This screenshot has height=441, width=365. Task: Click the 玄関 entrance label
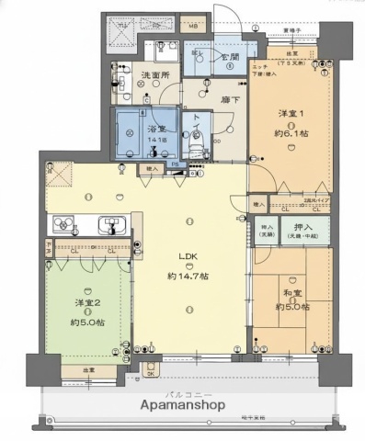coord(230,56)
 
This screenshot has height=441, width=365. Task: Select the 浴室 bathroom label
coord(155,130)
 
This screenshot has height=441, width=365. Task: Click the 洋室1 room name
coord(291,113)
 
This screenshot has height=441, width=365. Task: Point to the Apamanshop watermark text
coord(182,403)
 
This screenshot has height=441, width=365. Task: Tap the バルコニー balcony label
coord(182,390)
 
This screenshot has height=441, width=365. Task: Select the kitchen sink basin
coord(110,224)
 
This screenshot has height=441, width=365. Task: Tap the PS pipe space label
coord(184,166)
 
